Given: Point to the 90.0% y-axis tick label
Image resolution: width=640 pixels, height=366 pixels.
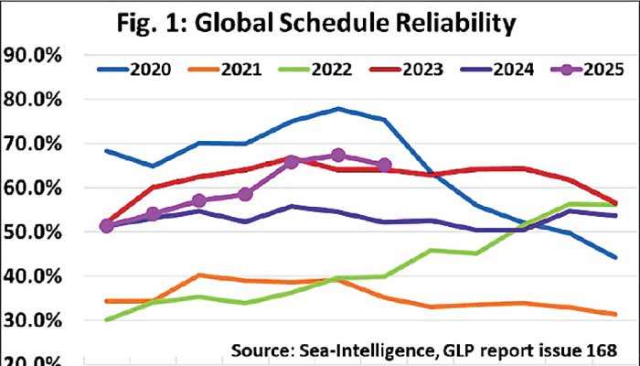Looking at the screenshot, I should point(31,56).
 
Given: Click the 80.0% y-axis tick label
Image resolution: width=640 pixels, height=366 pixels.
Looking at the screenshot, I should point(31,100).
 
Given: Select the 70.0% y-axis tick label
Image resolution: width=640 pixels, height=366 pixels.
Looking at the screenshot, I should point(31,144).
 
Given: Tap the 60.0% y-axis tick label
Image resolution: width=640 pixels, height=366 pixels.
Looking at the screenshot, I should point(31,188).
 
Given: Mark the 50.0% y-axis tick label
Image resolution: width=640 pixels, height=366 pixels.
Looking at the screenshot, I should point(31,231).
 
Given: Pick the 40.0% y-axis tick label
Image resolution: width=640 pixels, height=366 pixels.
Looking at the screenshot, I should point(31,275).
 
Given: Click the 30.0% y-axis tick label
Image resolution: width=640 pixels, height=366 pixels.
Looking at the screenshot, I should point(31,320).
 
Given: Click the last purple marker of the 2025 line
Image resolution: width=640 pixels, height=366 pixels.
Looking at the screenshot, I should point(385,165).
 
